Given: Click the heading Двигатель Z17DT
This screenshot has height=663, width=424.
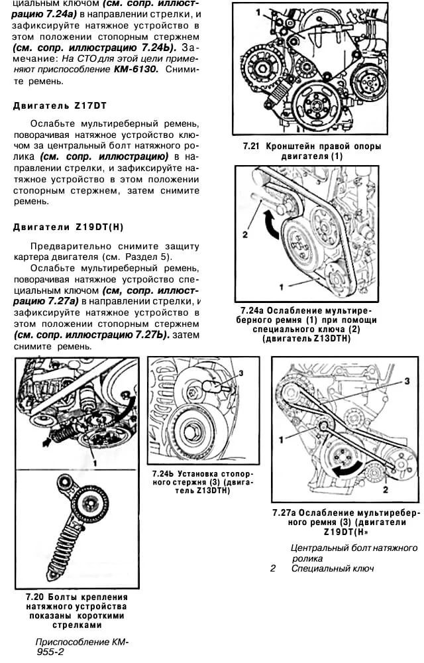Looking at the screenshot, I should [x=60, y=105].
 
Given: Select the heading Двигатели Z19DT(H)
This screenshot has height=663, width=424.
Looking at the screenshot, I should [x=68, y=227].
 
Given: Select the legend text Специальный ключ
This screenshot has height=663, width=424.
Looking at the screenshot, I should [x=333, y=568].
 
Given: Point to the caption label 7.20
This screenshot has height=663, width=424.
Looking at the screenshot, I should [x=38, y=597].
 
